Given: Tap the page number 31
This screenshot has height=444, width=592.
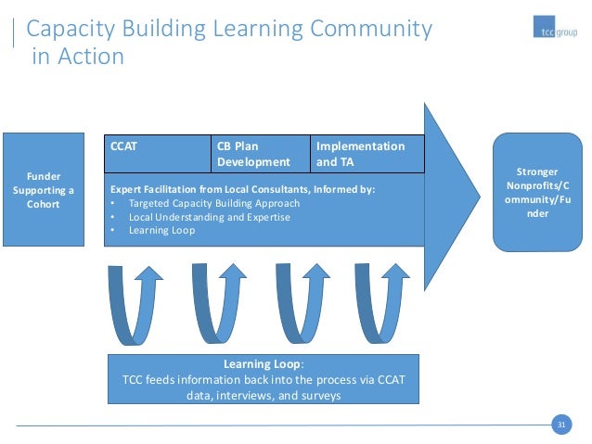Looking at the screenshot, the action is click(x=560, y=425).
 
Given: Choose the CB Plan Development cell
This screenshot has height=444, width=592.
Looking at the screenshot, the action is click(x=260, y=153).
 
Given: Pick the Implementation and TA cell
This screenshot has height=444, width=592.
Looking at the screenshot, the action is click(x=367, y=153).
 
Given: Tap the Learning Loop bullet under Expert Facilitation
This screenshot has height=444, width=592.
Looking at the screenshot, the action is click(x=161, y=230).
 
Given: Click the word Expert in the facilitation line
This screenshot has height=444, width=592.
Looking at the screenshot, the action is click(x=127, y=189).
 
